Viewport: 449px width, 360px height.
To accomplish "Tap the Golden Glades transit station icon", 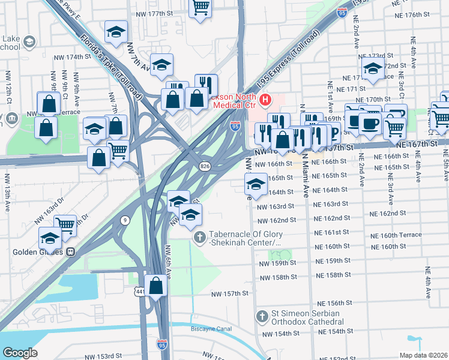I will point(70,252).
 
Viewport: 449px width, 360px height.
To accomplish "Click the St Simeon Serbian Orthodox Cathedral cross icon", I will point(262,316).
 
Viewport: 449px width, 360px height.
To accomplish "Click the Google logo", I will point(20,353).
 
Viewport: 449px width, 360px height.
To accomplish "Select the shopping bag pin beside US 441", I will point(156,286).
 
